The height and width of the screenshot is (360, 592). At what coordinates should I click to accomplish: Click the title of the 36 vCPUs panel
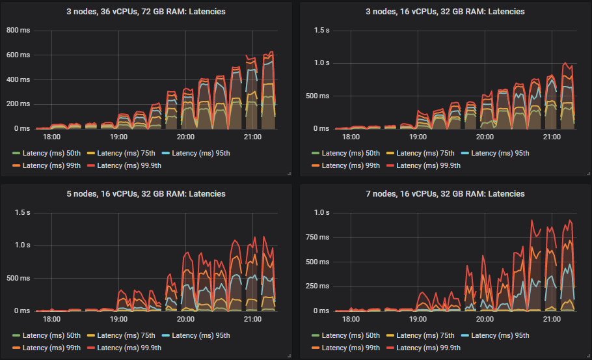pyautogui.click(x=146, y=12)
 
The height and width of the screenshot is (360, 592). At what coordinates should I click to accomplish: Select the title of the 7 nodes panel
pyautogui.click(x=445, y=194)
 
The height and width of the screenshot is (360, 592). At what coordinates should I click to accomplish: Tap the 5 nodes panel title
pyautogui.click(x=146, y=194)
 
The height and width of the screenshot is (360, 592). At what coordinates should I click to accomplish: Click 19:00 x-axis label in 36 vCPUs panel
pyautogui.click(x=118, y=137)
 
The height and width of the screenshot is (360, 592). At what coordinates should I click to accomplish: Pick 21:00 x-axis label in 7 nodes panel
pyautogui.click(x=552, y=320)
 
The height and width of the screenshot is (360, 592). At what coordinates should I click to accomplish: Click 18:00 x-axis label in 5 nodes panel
pyautogui.click(x=51, y=320)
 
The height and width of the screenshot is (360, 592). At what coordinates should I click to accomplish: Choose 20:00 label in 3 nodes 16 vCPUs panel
pyautogui.click(x=484, y=137)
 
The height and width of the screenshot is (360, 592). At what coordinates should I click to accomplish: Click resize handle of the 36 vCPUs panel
pyautogui.click(x=288, y=173)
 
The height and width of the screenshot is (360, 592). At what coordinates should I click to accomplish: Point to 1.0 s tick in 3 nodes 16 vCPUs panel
pyautogui.click(x=321, y=63)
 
